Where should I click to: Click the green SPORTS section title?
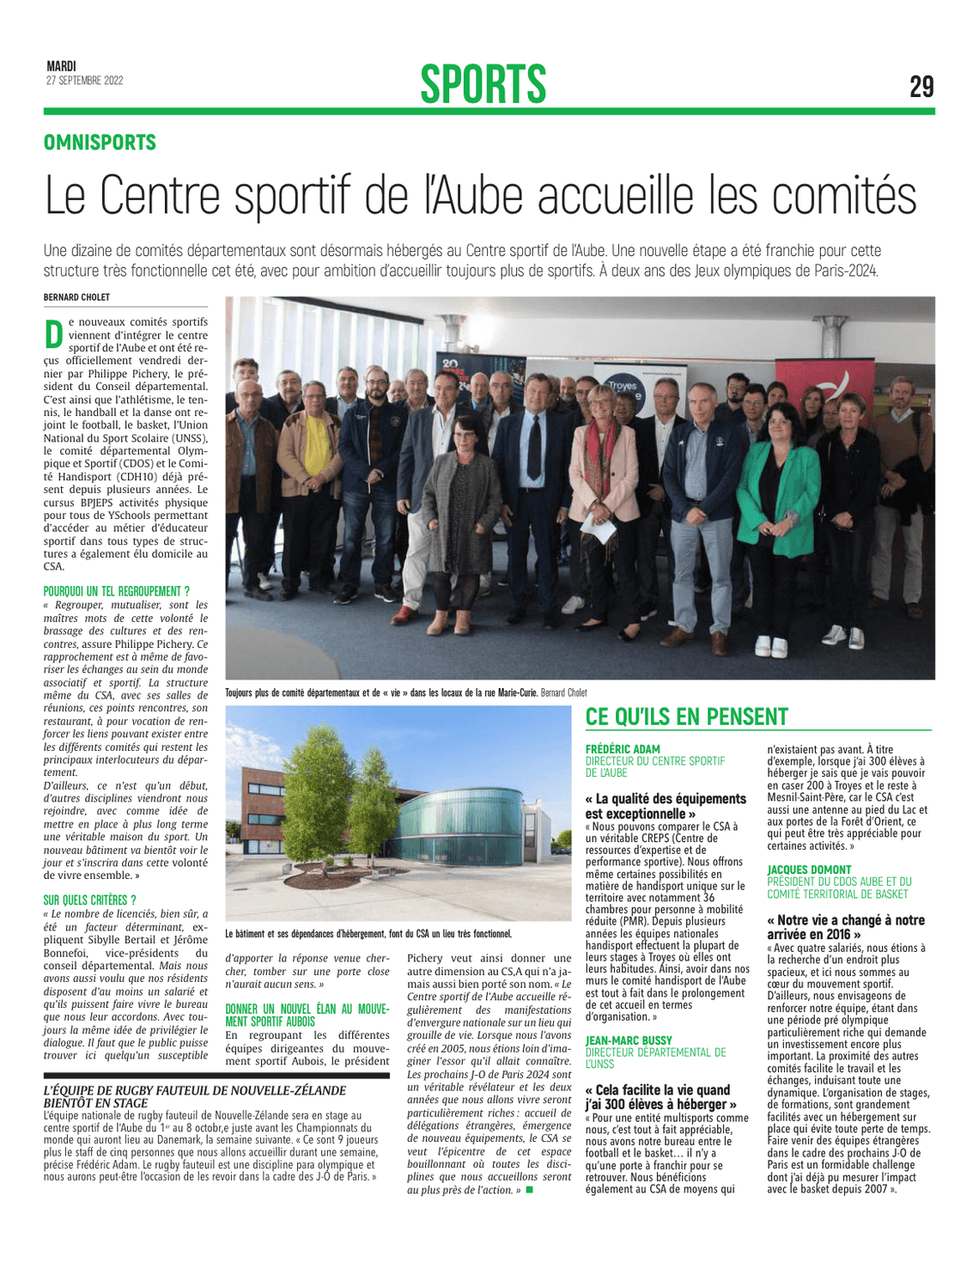[x=483, y=84]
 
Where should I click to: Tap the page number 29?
[x=921, y=87]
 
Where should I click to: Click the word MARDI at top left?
[x=61, y=66]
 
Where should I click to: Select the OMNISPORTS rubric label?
[x=100, y=143]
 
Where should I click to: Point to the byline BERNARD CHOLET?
[x=76, y=297]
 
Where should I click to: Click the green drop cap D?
[x=53, y=333]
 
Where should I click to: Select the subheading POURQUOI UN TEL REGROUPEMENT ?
[x=116, y=591]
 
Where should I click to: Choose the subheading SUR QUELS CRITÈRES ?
[x=89, y=900]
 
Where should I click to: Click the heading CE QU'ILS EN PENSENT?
[x=686, y=717]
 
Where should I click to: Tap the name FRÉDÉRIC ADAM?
[x=623, y=749]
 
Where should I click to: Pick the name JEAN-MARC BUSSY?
[x=629, y=1040]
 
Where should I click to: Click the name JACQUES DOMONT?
[x=809, y=869]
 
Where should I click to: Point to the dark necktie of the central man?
[x=534, y=447]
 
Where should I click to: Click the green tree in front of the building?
[x=322, y=790]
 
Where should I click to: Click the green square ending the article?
[x=529, y=1190]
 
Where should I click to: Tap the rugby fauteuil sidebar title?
[x=195, y=1096]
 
